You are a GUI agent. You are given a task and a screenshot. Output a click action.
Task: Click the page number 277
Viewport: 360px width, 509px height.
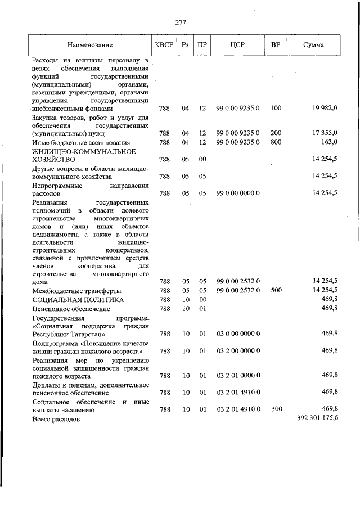[x=180, y=22]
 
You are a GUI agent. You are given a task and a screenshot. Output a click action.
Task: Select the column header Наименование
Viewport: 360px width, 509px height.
[x=89, y=44]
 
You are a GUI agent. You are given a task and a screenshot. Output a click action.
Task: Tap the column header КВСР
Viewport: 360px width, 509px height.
[x=165, y=44]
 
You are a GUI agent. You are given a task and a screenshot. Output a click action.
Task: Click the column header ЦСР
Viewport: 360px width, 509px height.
[x=237, y=44]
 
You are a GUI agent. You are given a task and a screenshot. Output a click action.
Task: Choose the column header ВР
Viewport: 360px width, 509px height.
[x=276, y=44]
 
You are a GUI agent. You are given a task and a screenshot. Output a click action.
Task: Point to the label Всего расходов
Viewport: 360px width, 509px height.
[x=57, y=420]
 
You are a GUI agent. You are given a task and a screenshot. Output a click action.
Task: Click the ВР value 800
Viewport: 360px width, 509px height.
[x=276, y=142]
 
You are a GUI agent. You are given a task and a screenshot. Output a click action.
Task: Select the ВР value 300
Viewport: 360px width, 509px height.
[x=276, y=409]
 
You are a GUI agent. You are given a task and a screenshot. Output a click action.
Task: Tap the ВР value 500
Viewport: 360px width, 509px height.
[x=276, y=290]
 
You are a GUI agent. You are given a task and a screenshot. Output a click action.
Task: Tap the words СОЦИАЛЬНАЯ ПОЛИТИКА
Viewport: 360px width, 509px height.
[x=70, y=299]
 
